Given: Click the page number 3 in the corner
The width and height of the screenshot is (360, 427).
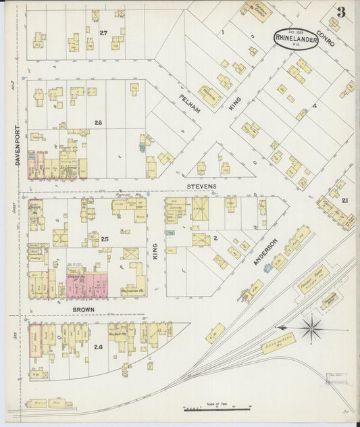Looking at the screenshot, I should pyautogui.click(x=341, y=11).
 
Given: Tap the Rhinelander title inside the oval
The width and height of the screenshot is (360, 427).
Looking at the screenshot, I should pyautogui.click(x=296, y=39).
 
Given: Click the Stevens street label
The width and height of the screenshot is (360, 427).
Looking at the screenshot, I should pyautogui.click(x=202, y=186).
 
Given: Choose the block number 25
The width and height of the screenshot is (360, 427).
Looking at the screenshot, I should pyautogui.click(x=105, y=239).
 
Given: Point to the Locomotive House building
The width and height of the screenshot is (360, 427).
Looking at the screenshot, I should pyautogui.click(x=277, y=343).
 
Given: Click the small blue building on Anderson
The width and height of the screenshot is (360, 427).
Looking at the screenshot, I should pyautogui.click(x=268, y=268).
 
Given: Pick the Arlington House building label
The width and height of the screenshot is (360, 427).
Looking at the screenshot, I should pyautogui.click(x=131, y=291).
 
